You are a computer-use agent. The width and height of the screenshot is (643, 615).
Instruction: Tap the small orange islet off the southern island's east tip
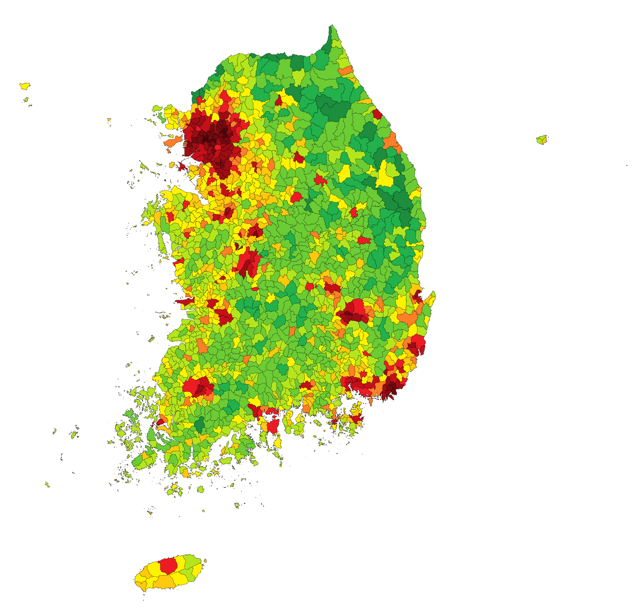[x=205, y=561]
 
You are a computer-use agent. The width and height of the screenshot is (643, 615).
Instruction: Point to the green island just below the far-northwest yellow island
[x=26, y=99]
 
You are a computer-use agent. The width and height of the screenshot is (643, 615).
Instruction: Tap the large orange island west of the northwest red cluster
[x=173, y=141]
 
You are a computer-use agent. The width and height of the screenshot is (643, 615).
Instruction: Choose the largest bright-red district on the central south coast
[x=273, y=426]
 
